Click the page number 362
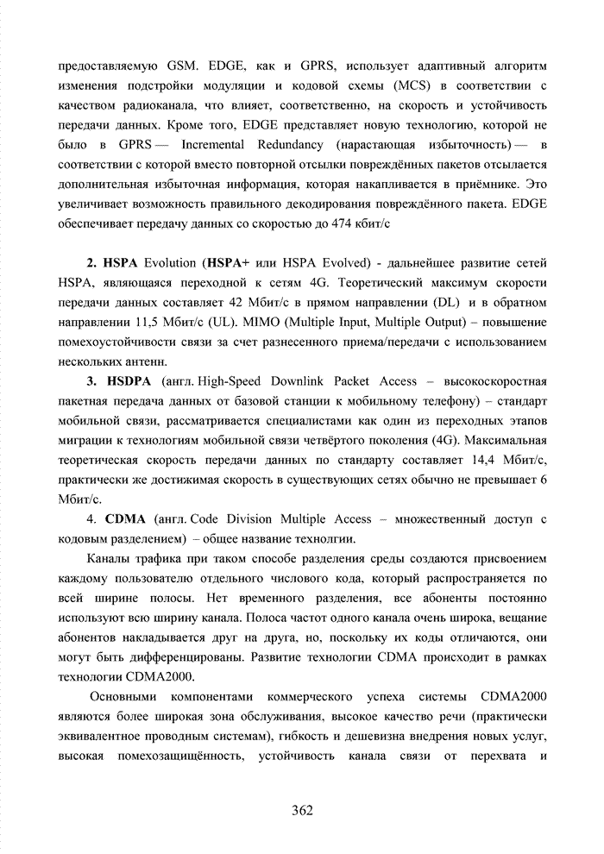tap(302, 809)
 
